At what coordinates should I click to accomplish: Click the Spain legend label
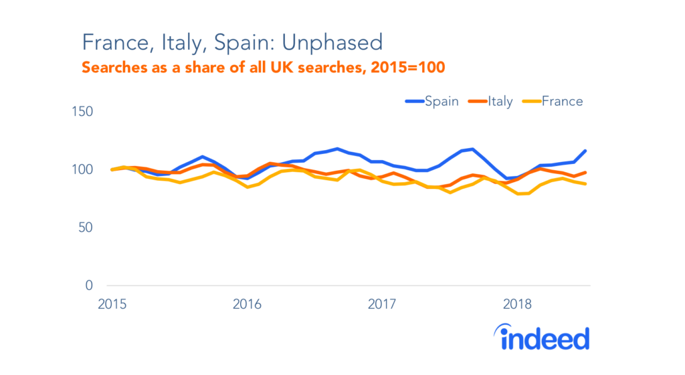click(x=442, y=101)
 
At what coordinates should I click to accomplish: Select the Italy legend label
click(x=500, y=101)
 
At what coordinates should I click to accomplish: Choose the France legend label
click(x=562, y=101)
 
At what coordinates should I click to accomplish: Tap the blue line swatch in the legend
click(x=414, y=102)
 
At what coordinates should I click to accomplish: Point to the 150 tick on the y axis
click(x=82, y=111)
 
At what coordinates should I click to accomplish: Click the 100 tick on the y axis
click(x=82, y=169)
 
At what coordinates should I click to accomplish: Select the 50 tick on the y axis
click(x=85, y=228)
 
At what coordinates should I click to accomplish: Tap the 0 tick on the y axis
click(x=89, y=286)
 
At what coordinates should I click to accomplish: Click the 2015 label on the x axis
click(x=111, y=305)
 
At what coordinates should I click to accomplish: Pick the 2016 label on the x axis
click(x=247, y=305)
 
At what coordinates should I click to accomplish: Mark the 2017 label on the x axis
click(x=383, y=305)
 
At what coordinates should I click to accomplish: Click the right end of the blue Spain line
click(x=585, y=151)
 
